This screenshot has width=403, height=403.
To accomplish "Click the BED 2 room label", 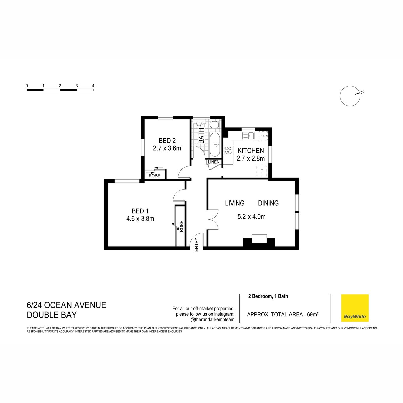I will pos(167,141).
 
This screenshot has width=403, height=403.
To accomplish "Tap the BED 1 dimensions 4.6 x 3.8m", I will pos(140,219).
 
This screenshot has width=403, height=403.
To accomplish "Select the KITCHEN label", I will pos(251,151).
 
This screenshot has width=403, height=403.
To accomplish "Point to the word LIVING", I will pos(235,203).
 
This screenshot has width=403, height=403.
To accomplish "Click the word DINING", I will pos(268,203).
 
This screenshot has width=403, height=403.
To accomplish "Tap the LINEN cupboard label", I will pos(214,162).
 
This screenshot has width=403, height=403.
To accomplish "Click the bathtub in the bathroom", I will pos(215,144).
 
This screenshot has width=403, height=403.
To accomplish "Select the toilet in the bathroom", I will pos(214,125).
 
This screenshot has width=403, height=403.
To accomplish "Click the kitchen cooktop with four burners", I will pos(228,150).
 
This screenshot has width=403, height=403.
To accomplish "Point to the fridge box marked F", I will pos(262,171).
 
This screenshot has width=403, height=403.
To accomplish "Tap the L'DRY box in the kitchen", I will pos(263,136).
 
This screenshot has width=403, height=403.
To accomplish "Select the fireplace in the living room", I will pos(259,241).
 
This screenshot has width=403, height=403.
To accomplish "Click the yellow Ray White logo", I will pos(355,308).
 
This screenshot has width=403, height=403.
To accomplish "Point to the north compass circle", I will pos(350,96).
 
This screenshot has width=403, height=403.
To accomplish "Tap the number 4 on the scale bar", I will pos(93,86).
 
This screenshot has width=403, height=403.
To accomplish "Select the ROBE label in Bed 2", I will pos(154,175).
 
